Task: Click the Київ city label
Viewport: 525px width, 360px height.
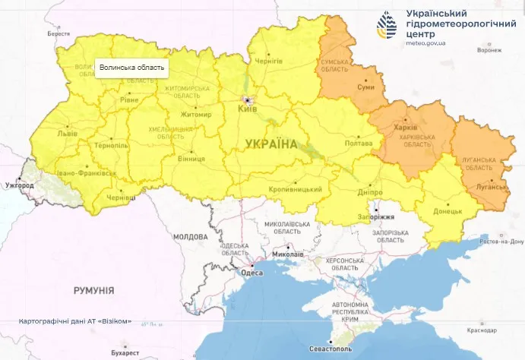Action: (x=247, y=109)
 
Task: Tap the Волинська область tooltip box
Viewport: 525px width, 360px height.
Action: (x=131, y=68)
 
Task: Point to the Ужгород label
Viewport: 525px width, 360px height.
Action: (x=20, y=185)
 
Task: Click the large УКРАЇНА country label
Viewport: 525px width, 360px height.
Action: (x=271, y=143)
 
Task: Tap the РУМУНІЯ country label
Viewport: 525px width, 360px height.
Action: (x=93, y=290)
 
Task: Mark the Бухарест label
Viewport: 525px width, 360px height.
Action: (x=124, y=353)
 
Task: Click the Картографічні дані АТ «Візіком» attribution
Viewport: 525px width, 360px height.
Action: (x=75, y=321)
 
